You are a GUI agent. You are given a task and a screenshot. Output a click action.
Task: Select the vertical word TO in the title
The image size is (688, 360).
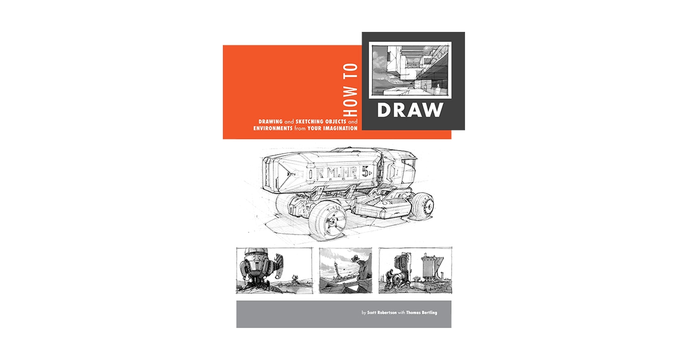tap(351, 71)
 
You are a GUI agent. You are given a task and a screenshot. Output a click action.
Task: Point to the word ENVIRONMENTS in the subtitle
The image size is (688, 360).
tap(273, 128)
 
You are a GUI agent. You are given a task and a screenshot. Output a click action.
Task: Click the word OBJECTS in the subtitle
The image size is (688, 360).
tap(336, 122)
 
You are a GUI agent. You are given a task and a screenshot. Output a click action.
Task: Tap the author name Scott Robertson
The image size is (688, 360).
tap(381, 312)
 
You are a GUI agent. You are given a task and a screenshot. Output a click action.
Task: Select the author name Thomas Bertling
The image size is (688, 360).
tap(421, 312)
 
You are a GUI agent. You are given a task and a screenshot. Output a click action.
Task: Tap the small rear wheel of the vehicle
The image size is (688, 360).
tap(424, 206)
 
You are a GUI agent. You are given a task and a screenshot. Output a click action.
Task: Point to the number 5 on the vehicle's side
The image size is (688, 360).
tap(365, 172)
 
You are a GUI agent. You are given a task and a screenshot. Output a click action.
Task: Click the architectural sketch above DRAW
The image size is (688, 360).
tap(410, 70)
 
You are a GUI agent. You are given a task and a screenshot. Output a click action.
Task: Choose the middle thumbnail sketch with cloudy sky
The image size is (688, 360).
tap(345, 270)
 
